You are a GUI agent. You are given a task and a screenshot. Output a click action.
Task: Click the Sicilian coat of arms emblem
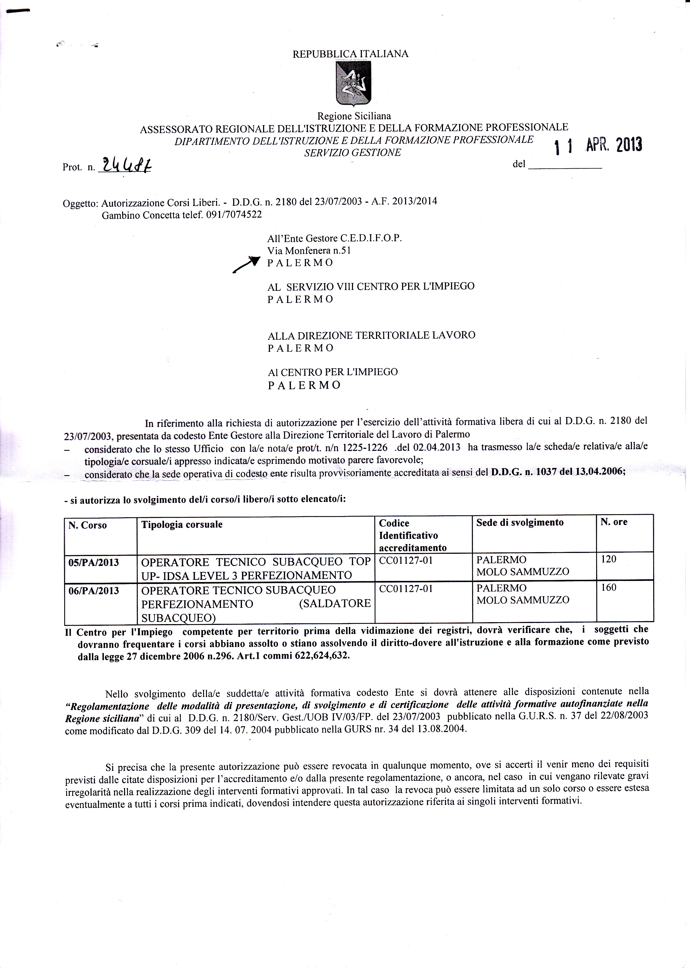[x=353, y=83]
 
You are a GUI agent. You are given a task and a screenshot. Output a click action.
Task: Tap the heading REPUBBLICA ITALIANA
[x=351, y=54]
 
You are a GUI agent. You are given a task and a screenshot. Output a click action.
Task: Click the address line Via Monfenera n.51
[x=309, y=250]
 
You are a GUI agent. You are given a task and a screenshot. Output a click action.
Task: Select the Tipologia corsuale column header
[x=182, y=524]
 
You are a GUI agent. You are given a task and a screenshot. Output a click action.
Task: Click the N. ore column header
[x=614, y=522]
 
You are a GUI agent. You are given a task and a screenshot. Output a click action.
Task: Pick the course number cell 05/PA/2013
[x=94, y=563]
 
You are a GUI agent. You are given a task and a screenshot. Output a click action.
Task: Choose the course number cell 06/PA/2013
[x=94, y=591]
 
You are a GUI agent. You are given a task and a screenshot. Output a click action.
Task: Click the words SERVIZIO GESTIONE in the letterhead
[x=353, y=153]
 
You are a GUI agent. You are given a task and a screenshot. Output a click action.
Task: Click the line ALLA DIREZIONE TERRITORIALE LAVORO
[x=371, y=335]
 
